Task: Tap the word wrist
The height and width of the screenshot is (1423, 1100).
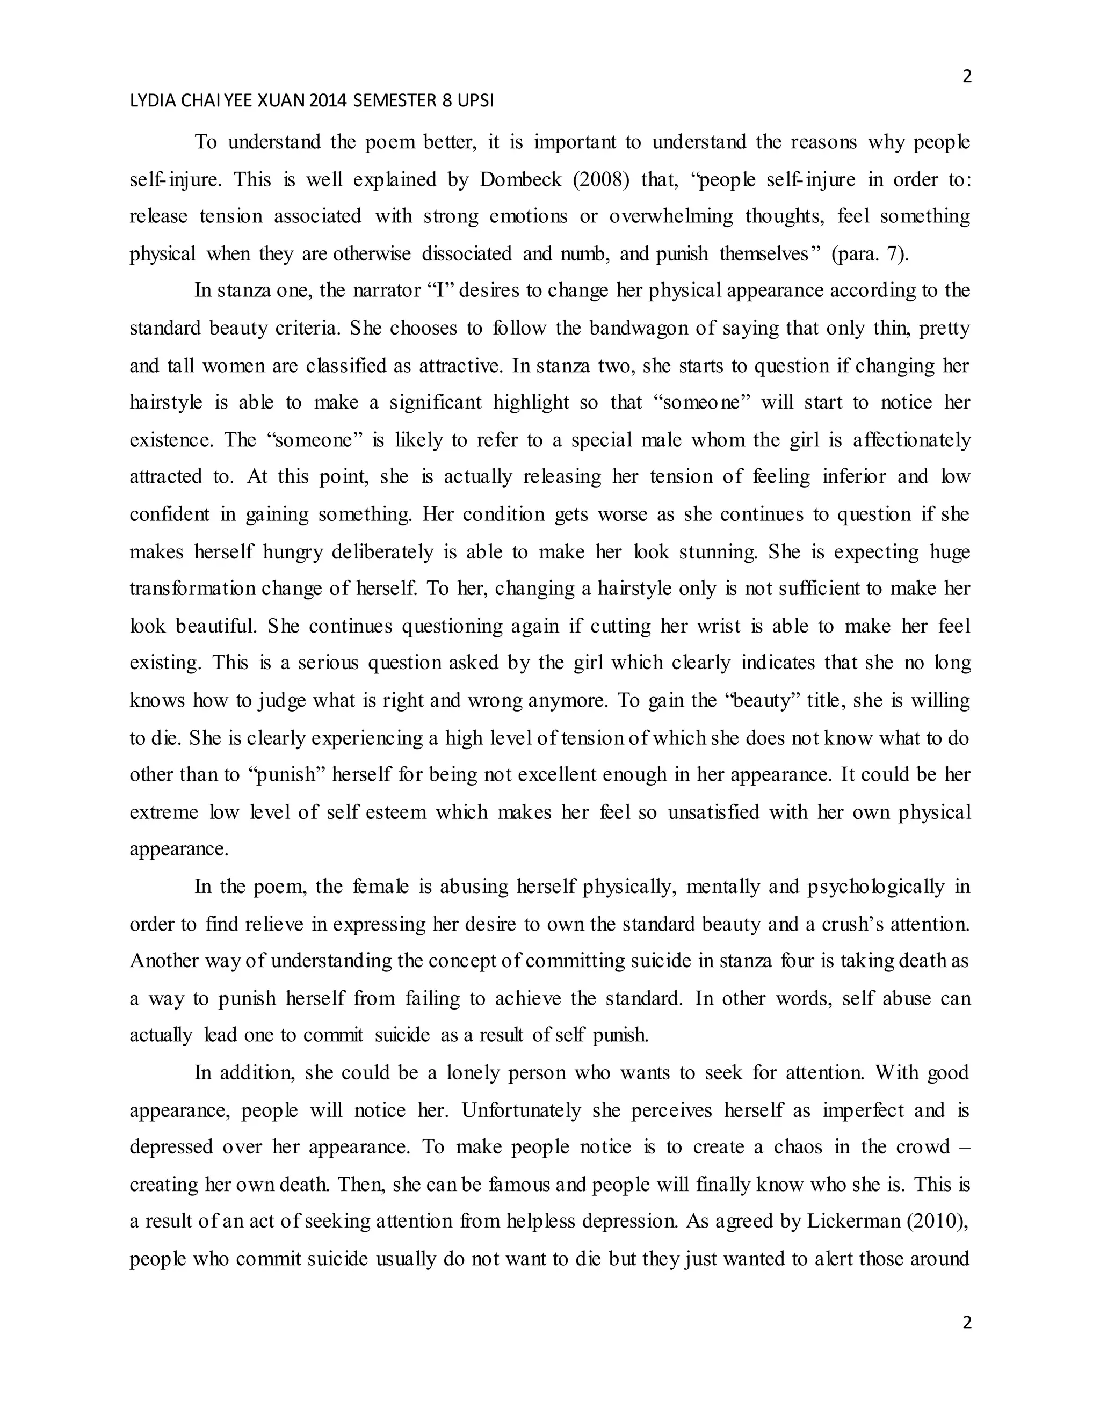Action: pos(718,627)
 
